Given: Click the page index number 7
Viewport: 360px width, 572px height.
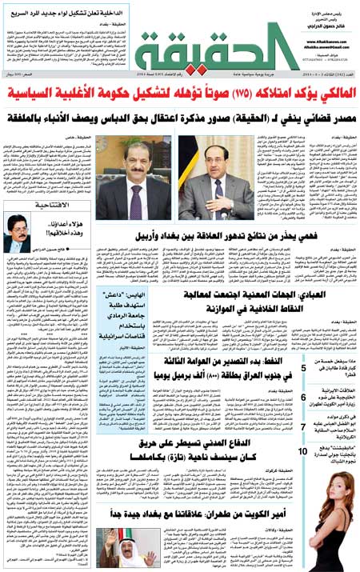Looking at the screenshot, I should point(305,426).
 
